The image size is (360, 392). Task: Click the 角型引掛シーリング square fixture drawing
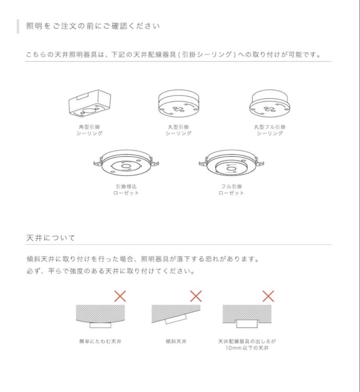pos(90,103)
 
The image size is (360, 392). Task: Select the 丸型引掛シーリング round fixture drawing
pos(179,103)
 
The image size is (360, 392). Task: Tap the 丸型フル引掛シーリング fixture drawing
pos(270,103)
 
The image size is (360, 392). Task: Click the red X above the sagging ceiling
pos(120,296)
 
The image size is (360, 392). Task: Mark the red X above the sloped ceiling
pos(196,296)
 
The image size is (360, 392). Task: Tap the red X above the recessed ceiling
pos(268,296)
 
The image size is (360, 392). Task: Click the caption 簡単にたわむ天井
pos(100,341)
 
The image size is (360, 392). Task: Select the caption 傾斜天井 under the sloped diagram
pos(176,341)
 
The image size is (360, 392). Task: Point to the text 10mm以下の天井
pos(247,348)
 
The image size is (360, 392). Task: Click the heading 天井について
pos(51,238)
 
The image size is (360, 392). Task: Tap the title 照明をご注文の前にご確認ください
pos(93,26)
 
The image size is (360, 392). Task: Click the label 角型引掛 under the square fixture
pos(90,127)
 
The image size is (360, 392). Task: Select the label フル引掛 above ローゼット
pos(231,187)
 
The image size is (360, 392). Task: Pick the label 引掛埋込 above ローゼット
pos(126,187)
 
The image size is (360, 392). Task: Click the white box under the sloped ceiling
pos(176,319)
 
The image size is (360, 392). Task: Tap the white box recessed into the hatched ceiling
pos(247,323)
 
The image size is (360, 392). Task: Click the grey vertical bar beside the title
pos(18,26)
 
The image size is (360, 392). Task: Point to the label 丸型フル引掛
pos(270,127)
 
